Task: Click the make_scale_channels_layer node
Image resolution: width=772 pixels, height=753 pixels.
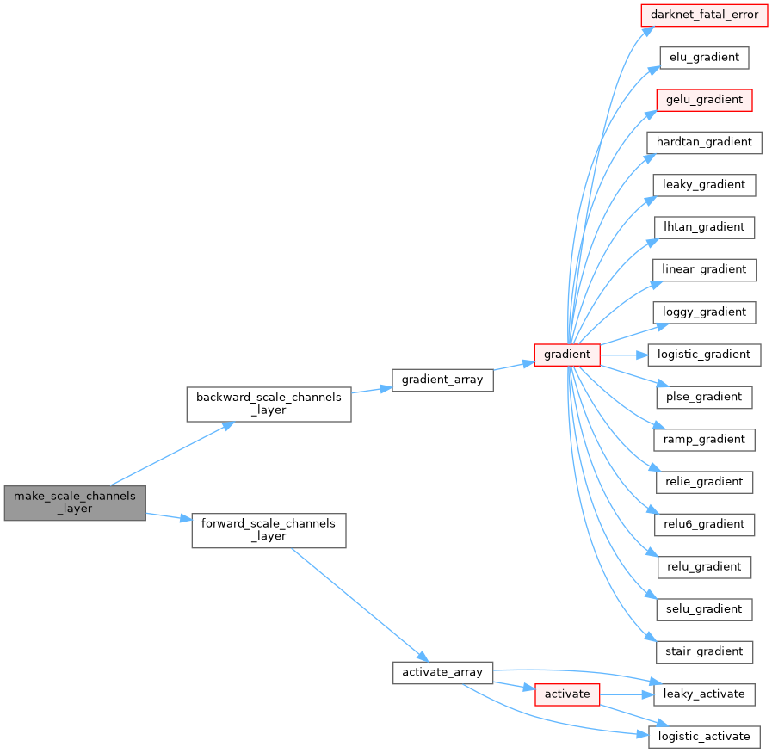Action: [74, 503]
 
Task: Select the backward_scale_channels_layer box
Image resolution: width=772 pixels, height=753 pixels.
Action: [269, 404]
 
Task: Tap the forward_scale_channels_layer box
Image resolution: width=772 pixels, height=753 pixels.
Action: [268, 530]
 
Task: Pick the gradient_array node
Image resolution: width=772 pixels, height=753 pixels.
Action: [442, 380]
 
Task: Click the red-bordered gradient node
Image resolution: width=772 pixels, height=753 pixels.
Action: [566, 355]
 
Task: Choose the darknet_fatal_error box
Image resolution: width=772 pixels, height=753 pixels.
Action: [705, 15]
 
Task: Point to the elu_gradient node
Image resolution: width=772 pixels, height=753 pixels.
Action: [704, 58]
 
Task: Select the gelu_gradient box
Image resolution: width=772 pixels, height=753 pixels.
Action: [704, 100]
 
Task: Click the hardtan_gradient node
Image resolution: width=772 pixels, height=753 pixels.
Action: [704, 142]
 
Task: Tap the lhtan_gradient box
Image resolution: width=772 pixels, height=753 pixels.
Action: [704, 227]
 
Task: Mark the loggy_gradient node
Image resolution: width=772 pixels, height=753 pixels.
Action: [704, 312]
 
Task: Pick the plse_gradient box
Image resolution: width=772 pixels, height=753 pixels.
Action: [704, 397]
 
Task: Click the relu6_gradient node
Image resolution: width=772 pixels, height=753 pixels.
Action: [704, 524]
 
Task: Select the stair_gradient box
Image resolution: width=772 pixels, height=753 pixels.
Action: [704, 651]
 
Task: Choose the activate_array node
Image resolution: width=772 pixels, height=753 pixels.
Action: [442, 672]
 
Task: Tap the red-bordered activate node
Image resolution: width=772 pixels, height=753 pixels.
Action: [566, 694]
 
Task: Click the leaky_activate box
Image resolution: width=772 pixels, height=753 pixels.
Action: [704, 694]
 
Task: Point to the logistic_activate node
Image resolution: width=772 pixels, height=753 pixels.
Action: [704, 736]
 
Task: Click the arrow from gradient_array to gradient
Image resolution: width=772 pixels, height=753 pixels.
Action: [514, 366]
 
